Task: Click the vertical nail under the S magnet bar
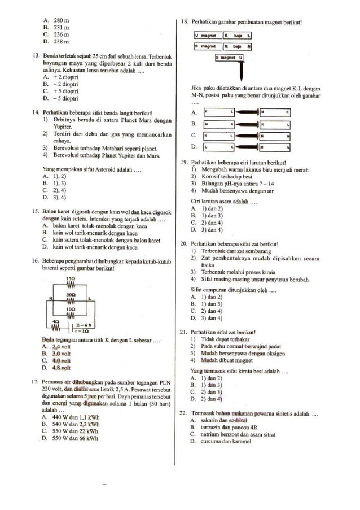tap(241, 71)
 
